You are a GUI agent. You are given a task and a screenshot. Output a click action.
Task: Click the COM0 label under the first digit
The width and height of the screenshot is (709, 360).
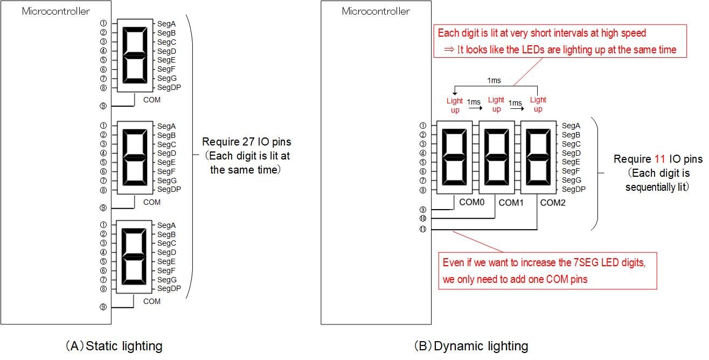[x=472, y=202]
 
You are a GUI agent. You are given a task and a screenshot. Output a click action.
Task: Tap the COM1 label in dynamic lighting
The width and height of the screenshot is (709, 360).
[x=511, y=203]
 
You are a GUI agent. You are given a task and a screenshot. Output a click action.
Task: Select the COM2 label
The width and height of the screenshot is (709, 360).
[x=553, y=203]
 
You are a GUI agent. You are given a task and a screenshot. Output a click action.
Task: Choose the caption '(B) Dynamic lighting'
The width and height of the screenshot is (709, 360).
[x=470, y=346]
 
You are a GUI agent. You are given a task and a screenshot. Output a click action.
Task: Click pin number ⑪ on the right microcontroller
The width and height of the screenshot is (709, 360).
[x=422, y=230]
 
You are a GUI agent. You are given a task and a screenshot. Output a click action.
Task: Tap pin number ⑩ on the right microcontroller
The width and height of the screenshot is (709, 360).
[x=422, y=218]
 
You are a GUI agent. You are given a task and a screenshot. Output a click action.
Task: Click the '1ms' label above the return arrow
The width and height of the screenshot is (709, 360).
[x=493, y=80]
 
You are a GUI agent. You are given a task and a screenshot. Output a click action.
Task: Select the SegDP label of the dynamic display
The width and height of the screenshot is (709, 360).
[x=573, y=189]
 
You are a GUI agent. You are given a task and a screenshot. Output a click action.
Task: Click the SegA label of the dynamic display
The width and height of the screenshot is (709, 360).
[x=571, y=126]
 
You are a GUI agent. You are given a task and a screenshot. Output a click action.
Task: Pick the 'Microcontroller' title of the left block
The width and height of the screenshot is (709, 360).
[x=56, y=11]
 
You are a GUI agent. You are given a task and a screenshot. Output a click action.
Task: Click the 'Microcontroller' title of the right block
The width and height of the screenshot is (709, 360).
[x=376, y=11]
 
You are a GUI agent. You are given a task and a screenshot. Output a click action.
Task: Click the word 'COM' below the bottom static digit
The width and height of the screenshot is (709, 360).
[x=152, y=301]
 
